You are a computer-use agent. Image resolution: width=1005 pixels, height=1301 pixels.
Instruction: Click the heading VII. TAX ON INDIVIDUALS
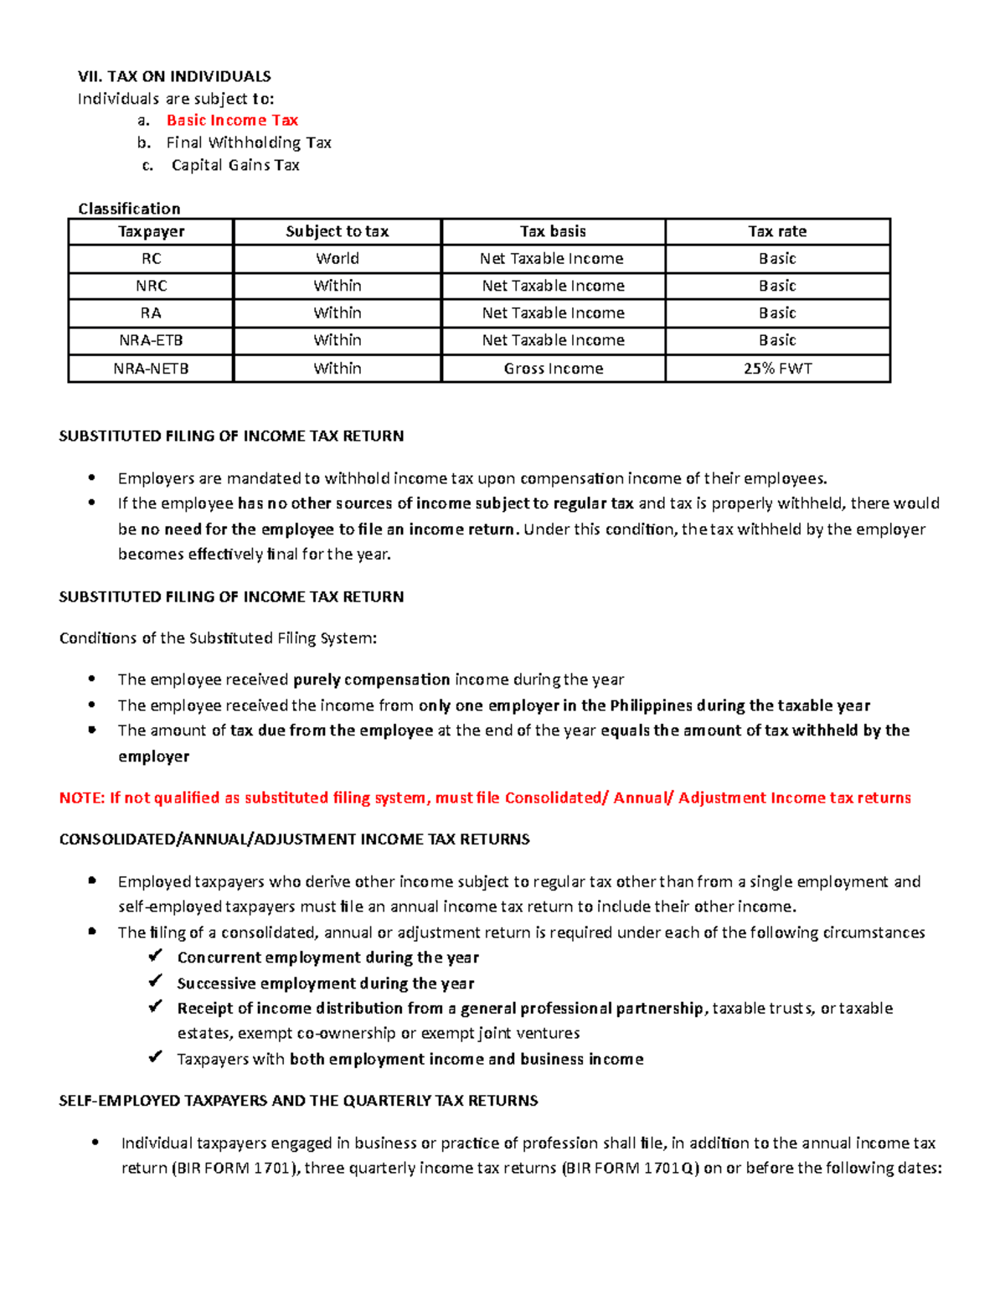pyautogui.click(x=174, y=76)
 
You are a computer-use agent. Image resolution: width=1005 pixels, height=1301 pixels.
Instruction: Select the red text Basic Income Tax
pyautogui.click(x=232, y=121)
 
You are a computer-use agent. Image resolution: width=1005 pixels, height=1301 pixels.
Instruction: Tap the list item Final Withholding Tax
pyautogui.click(x=249, y=143)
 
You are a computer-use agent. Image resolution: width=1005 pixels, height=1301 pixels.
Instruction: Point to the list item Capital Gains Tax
pyautogui.click(x=235, y=166)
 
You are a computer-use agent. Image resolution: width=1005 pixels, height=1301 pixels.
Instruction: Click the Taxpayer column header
pyautogui.click(x=151, y=232)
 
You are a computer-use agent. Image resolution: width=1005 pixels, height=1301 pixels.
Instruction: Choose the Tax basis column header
pyautogui.click(x=553, y=232)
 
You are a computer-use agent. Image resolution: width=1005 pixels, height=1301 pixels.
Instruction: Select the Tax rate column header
pyautogui.click(x=777, y=232)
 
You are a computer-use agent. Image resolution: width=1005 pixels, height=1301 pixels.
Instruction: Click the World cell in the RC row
pyautogui.click(x=338, y=259)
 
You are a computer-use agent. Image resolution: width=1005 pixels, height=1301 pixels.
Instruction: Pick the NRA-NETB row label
pyautogui.click(x=151, y=369)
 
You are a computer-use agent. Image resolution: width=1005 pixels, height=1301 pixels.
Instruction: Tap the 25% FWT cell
pyautogui.click(x=777, y=369)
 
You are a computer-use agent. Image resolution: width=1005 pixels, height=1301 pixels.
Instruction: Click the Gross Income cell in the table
pyautogui.click(x=553, y=369)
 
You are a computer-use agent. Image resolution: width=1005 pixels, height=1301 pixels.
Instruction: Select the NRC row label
pyautogui.click(x=151, y=287)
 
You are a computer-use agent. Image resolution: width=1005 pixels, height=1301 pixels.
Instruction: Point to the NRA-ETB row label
pyautogui.click(x=151, y=341)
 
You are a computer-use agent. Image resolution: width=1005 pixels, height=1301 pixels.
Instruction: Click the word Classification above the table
pyautogui.click(x=129, y=209)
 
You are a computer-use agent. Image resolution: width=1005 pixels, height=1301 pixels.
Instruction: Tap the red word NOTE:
pyautogui.click(x=81, y=798)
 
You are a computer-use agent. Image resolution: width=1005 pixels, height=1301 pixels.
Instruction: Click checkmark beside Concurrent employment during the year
pyautogui.click(x=155, y=957)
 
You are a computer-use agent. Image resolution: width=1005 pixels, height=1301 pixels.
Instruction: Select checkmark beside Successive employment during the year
pyautogui.click(x=155, y=982)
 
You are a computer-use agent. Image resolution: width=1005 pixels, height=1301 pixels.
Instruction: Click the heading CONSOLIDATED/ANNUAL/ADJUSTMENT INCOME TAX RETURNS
pyautogui.click(x=294, y=839)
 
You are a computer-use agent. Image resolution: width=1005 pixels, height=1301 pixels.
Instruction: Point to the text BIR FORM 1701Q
pyautogui.click(x=630, y=1169)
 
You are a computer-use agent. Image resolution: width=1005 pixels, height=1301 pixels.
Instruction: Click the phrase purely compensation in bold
pyautogui.click(x=372, y=680)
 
